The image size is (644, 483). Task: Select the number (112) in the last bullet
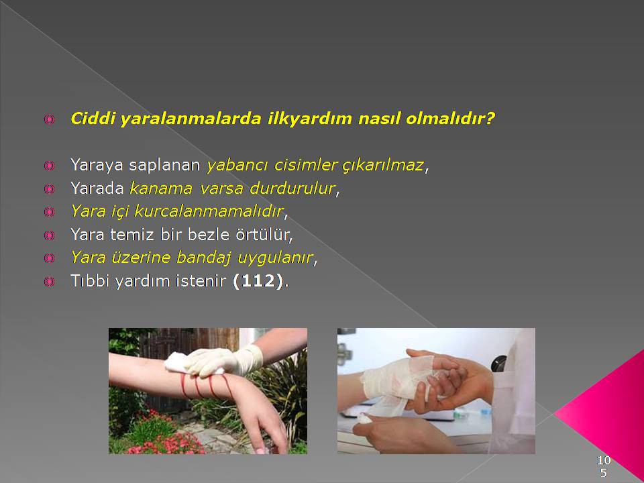[x=258, y=281]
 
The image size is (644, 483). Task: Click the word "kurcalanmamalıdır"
[x=209, y=211]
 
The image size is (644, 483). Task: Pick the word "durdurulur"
[x=292, y=189]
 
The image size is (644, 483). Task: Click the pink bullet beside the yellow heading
[x=49, y=119]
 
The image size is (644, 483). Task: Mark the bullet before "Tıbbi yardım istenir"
[x=49, y=282]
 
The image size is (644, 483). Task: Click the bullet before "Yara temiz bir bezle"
[x=49, y=235]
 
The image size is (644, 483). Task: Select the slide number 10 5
[x=603, y=466]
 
